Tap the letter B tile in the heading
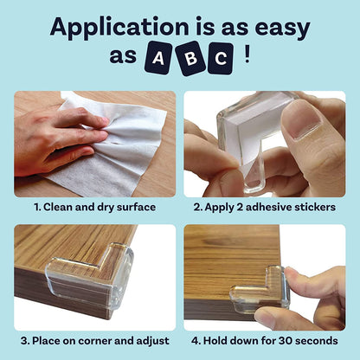point(189,59)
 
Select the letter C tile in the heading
point(221,59)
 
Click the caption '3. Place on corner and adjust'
point(93,340)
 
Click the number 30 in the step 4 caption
point(286,340)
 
